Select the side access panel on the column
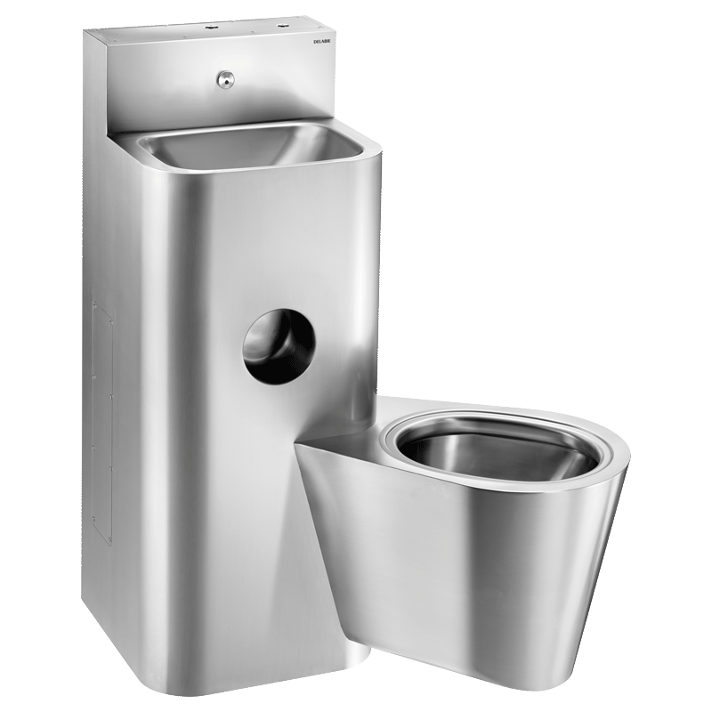(x=101, y=423)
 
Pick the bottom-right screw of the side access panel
(x=110, y=539)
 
